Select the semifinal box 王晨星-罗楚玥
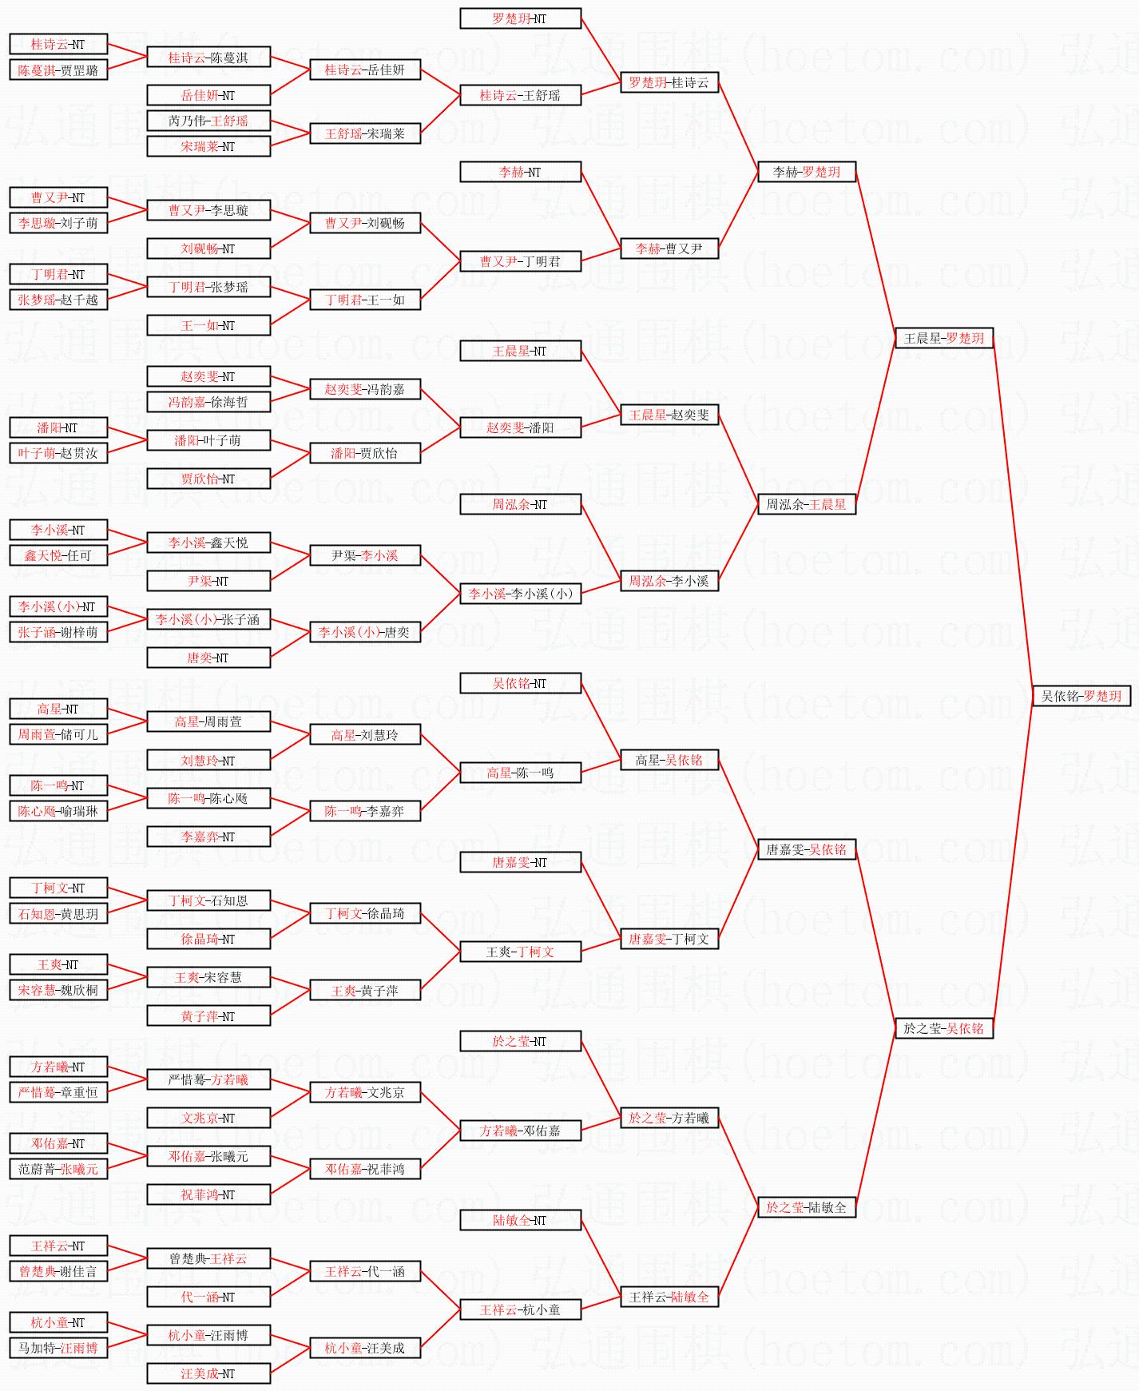pyautogui.click(x=943, y=338)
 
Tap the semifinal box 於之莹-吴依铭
pyautogui.click(x=943, y=1028)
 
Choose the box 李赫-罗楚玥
pyautogui.click(x=806, y=172)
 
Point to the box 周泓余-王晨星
pyautogui.click(x=806, y=504)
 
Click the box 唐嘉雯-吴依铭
pyautogui.click(x=806, y=849)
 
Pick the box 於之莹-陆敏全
pyautogui.click(x=806, y=1207)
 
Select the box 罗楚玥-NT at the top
pyautogui.click(x=520, y=18)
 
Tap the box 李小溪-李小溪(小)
pyautogui.click(x=520, y=594)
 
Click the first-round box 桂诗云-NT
pyautogui.click(x=58, y=45)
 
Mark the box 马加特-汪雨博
pyautogui.click(x=58, y=1348)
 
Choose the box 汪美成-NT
pyautogui.click(x=208, y=1373)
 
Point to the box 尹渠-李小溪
pyautogui.click(x=365, y=555)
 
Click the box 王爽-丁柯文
pyautogui.click(x=520, y=952)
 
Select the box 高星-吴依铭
pyautogui.click(x=669, y=760)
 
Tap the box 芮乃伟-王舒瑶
pyautogui.click(x=208, y=121)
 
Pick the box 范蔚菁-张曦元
pyautogui.click(x=58, y=1169)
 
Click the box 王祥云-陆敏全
pyautogui.click(x=669, y=1297)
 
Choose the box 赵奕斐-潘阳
pyautogui.click(x=520, y=427)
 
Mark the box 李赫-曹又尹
pyautogui.click(x=669, y=248)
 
